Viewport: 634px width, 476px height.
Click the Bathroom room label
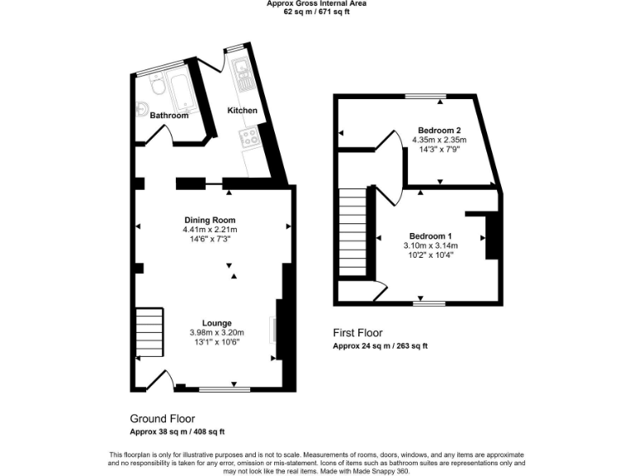coord(168,116)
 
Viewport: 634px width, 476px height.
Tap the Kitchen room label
coord(243,111)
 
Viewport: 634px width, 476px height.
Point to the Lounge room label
coord(217,323)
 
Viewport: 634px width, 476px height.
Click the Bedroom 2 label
coord(439,131)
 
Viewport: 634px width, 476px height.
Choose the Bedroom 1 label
coord(430,236)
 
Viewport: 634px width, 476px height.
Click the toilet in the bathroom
coord(157,86)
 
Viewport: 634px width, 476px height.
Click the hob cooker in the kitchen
coord(249,138)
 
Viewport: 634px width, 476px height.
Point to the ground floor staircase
coord(149,332)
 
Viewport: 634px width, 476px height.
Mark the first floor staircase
coord(352,233)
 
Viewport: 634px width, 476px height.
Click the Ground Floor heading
coord(163,419)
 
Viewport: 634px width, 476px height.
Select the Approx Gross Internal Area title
coord(317,3)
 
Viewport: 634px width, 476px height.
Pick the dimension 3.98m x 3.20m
coord(217,333)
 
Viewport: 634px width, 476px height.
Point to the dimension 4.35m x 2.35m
coord(439,140)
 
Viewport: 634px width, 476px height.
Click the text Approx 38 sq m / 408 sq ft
coord(177,432)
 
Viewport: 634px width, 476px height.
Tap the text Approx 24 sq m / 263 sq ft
coord(381,345)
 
